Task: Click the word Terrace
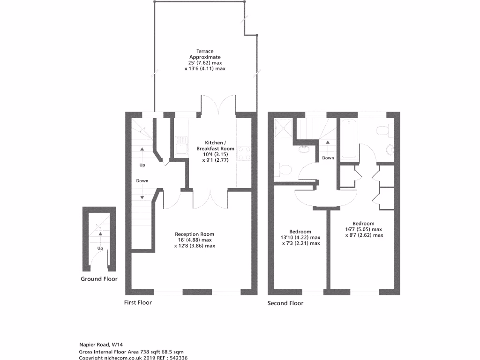205,51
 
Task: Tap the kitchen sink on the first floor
181,145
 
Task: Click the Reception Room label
195,234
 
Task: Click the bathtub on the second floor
349,140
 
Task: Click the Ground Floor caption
98,279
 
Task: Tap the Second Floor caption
285,303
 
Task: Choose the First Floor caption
138,303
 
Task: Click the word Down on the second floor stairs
328,158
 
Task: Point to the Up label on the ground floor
100,248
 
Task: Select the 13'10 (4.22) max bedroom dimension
300,238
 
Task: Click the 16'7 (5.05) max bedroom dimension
361,229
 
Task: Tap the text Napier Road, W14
101,345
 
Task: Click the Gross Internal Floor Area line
131,351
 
